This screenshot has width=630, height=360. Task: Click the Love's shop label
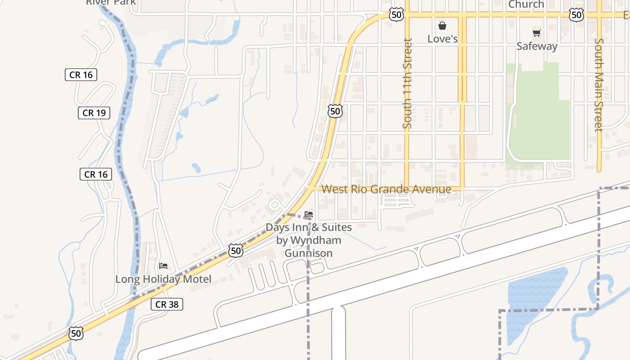pos(442,39)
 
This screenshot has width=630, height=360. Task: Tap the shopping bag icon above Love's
pos(442,26)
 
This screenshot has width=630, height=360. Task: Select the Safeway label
pos(536,46)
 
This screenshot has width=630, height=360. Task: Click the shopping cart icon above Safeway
pos(536,33)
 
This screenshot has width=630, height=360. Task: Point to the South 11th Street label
pos(408,84)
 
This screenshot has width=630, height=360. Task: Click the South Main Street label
pos(598,85)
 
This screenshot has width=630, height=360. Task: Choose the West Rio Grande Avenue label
pos(387,189)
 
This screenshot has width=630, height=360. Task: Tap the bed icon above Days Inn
pos(309,214)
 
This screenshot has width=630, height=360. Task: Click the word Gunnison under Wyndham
pos(308,253)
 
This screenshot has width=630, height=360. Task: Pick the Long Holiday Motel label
pos(163,279)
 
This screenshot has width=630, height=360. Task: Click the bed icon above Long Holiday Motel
pos(163,266)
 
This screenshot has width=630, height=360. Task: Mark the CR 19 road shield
pos(94,113)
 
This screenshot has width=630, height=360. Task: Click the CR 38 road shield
pos(167,304)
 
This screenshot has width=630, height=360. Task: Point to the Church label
pos(526,4)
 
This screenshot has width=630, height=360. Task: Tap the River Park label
pos(111,3)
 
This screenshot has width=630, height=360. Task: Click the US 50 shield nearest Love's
pos(396,15)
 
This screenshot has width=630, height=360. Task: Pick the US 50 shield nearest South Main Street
pos(576,15)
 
